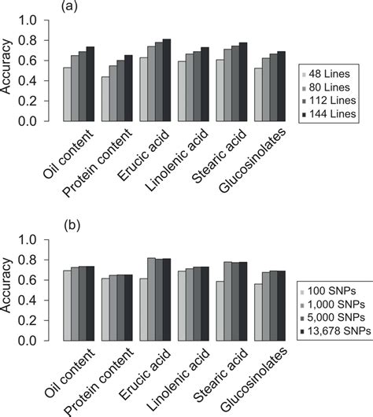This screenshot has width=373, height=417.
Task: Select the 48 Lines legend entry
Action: (x=328, y=73)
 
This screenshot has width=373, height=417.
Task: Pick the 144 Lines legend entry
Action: (x=330, y=114)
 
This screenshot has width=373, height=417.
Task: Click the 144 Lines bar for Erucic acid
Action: (x=166, y=80)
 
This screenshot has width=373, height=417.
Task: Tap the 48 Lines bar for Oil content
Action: (x=68, y=94)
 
